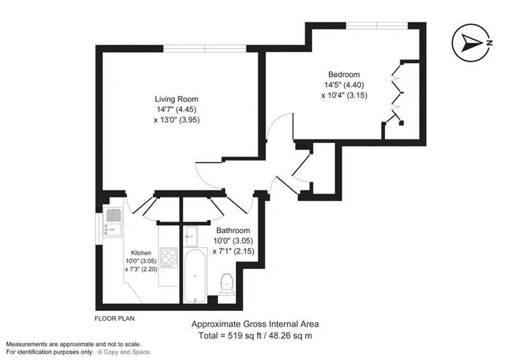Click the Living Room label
pyautogui.click(x=177, y=99)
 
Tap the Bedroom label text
pyautogui.click(x=344, y=73)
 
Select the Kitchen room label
pyautogui.click(x=141, y=253)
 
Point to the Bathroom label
pyautogui.click(x=233, y=231)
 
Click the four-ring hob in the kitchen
pyautogui.click(x=169, y=257)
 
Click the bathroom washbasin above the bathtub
pyautogui.click(x=191, y=235)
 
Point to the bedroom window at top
pyautogui.click(x=376, y=25)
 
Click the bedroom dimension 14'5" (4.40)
pyautogui.click(x=344, y=84)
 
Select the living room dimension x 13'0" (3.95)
pyautogui.click(x=177, y=120)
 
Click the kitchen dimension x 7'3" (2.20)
pyautogui.click(x=140, y=269)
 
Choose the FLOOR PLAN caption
pyautogui.click(x=114, y=317)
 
